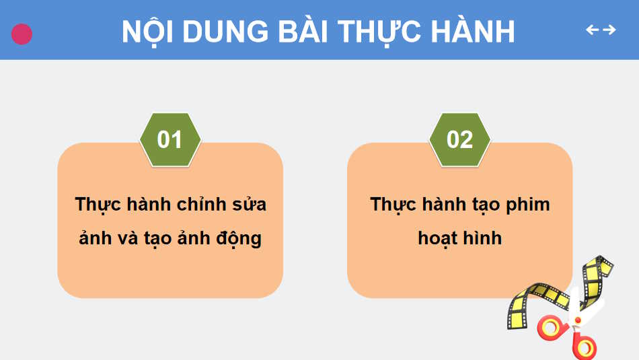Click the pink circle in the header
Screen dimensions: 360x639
[x=22, y=34]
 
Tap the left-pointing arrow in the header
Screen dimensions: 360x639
[x=592, y=30]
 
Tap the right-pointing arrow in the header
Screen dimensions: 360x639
[x=609, y=30]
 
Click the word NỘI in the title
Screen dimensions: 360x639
[x=147, y=31]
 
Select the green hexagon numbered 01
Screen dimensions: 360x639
[x=170, y=139]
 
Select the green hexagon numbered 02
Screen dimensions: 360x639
[x=460, y=139]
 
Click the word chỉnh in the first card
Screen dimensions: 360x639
[x=200, y=204]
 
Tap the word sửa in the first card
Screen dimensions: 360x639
[x=248, y=204]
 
